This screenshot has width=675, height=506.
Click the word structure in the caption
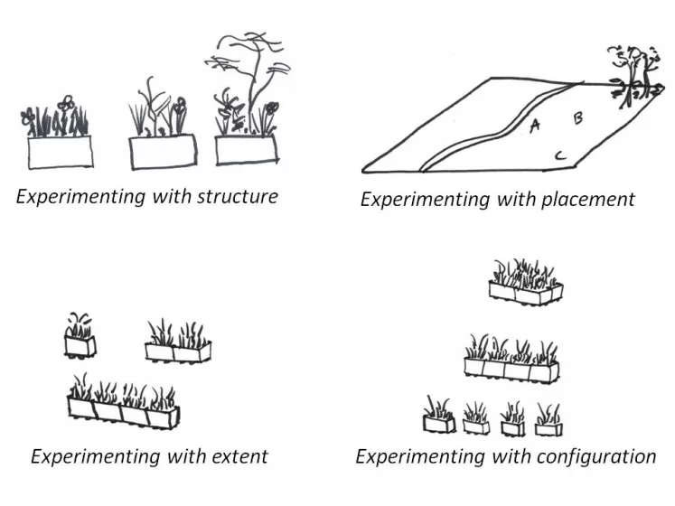234,196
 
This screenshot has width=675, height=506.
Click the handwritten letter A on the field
535,126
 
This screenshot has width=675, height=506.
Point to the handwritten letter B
578,117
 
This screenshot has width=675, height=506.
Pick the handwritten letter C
560,157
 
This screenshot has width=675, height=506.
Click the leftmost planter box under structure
60,151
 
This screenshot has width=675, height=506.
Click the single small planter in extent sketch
80,345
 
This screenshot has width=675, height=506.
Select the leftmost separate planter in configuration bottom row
439,423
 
